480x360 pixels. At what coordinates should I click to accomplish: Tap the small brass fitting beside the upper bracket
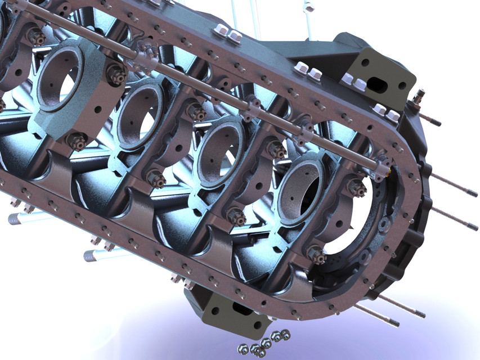[417, 100]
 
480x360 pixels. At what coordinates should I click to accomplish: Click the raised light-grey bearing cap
[68, 90]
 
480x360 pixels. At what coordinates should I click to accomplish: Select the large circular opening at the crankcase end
[352, 225]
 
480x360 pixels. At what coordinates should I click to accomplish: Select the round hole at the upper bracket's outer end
[402, 86]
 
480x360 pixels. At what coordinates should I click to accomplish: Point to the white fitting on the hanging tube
[308, 8]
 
